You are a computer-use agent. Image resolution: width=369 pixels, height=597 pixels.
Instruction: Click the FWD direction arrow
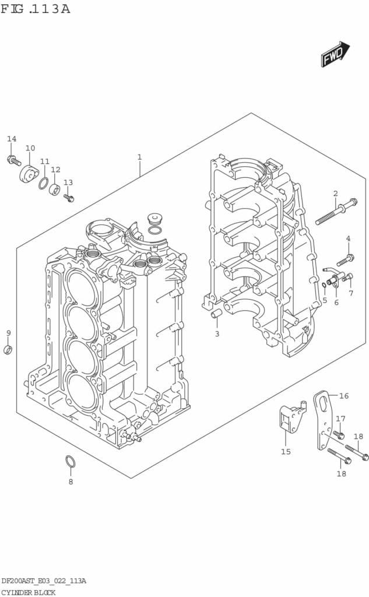click(x=335, y=55)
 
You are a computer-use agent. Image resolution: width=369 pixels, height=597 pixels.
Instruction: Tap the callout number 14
click(x=12, y=139)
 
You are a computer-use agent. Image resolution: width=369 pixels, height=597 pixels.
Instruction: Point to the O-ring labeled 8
click(x=70, y=461)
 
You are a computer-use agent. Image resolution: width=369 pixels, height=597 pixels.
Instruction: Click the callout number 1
click(x=139, y=157)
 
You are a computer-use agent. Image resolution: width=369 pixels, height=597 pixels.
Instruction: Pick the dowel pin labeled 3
click(x=216, y=314)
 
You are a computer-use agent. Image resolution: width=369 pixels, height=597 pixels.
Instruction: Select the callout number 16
click(x=344, y=396)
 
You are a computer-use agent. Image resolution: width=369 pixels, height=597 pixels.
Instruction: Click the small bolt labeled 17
click(x=339, y=434)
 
